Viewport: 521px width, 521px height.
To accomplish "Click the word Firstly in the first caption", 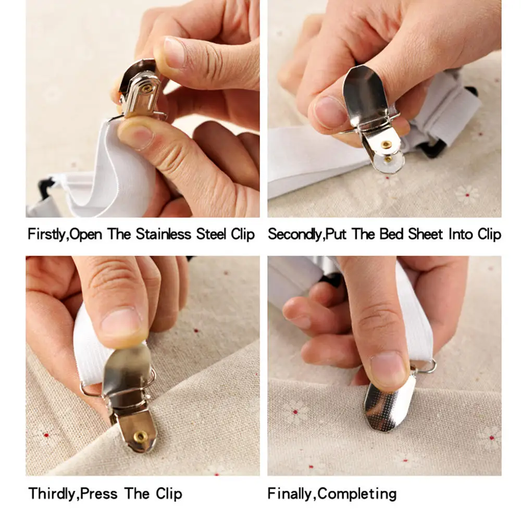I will [x=47, y=234].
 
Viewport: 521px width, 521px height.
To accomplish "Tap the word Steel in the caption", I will [x=212, y=234].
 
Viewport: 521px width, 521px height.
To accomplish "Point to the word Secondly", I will [x=295, y=234].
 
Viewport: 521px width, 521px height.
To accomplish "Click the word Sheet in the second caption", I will [x=426, y=234].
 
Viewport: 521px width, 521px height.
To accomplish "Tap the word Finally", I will [x=291, y=493].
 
